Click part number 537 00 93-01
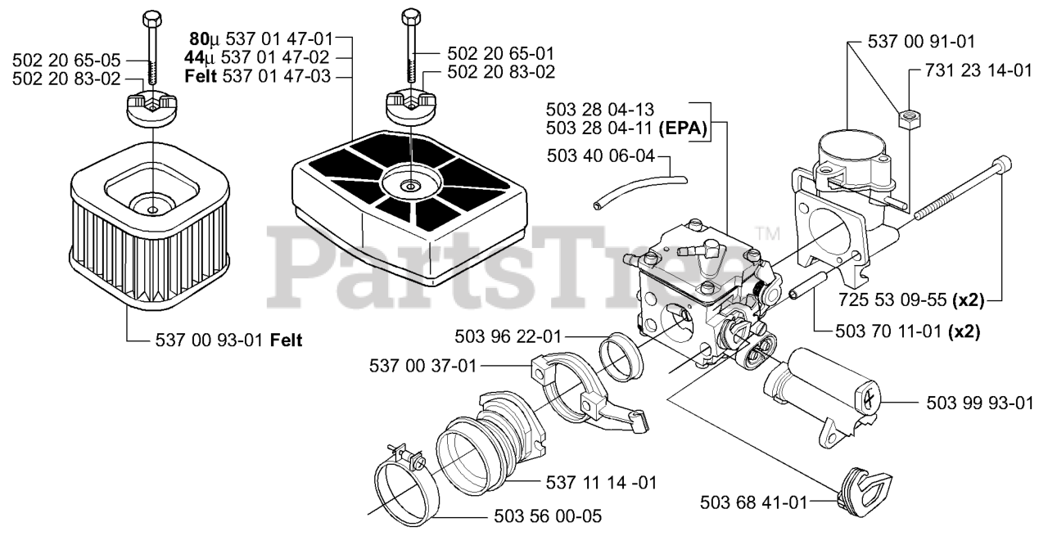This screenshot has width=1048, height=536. click(210, 340)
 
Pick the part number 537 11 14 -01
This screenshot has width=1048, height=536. click(601, 481)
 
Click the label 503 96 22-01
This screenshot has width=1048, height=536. click(509, 336)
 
